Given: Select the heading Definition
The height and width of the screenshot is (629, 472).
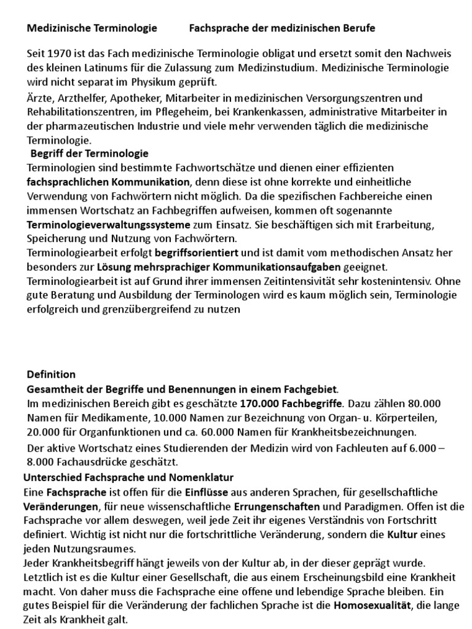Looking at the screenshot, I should (51, 374).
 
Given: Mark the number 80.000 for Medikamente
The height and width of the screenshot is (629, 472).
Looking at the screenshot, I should (427, 404).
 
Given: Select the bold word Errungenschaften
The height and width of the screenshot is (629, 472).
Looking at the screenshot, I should (277, 506).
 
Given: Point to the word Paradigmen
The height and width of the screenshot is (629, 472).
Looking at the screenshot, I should (359, 506).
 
